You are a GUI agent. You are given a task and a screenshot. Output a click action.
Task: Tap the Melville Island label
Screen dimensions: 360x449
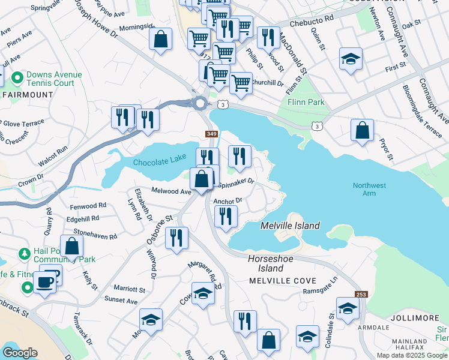(290, 226)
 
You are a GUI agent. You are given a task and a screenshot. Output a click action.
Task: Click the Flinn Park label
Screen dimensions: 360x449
(306, 102)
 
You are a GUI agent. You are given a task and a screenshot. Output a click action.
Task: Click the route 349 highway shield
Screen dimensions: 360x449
(211, 134)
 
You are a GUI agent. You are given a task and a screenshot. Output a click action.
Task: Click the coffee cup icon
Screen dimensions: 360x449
(44, 281)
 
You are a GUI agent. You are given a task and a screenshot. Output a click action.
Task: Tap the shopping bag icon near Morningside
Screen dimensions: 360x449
(160, 40)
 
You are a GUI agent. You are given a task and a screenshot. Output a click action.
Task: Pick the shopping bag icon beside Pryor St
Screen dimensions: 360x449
(362, 130)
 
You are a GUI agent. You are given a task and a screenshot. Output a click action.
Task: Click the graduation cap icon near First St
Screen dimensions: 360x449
(351, 59)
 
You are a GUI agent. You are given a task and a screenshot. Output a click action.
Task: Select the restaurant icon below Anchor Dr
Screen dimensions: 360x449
(226, 217)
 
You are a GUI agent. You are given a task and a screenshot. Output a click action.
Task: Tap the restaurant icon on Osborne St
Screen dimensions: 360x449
(176, 238)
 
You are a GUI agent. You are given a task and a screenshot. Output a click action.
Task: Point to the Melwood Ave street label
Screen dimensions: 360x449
(171, 191)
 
